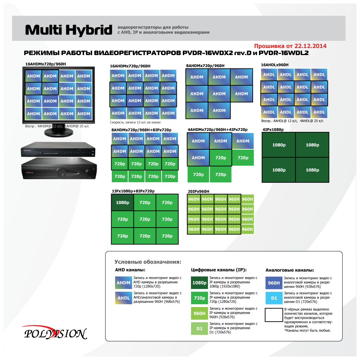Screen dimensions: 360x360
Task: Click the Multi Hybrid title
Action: point(68,30)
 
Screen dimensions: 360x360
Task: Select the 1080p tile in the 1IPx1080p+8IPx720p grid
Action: point(122,203)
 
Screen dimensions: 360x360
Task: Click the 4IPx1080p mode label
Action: point(273,130)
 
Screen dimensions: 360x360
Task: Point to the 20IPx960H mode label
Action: point(198,191)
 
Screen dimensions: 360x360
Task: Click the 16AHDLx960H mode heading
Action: point(275,65)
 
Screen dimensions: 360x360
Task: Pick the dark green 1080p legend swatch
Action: point(199,283)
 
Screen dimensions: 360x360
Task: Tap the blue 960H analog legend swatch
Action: point(274,283)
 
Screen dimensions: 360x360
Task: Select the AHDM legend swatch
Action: point(124,283)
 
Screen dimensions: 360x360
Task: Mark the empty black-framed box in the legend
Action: point(274,315)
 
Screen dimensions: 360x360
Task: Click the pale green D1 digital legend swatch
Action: point(199,329)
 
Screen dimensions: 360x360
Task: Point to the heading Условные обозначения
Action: point(148,262)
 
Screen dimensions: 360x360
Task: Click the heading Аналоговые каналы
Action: point(289,270)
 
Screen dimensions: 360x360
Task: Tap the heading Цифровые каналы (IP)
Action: point(218,270)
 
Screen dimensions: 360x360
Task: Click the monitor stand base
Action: point(59,133)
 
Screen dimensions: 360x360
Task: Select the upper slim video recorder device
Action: point(58,150)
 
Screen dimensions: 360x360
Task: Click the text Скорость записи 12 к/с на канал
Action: point(135,122)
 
